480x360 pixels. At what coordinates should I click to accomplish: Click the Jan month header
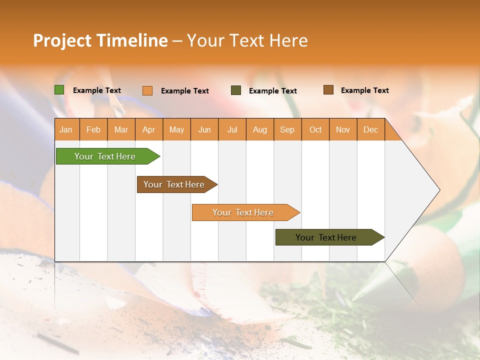pos(66,130)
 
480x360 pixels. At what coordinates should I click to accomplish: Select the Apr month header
pos(149,130)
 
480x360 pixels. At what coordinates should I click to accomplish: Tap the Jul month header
pos(232,130)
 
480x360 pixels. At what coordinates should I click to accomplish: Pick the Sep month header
pos(287,130)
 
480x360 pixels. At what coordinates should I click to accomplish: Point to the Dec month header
pos(371,130)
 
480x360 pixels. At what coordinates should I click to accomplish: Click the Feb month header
pos(93,130)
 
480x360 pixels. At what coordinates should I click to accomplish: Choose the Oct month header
pos(315,130)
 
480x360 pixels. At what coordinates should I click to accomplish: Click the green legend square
pos(59,90)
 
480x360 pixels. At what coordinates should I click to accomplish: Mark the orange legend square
pos(147,90)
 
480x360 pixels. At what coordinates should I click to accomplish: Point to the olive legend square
pos(236,90)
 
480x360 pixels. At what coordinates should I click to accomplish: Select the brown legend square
pos(328,90)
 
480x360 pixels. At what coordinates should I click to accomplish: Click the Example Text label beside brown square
pos(364,90)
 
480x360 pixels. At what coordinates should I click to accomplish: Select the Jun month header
pos(204,130)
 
